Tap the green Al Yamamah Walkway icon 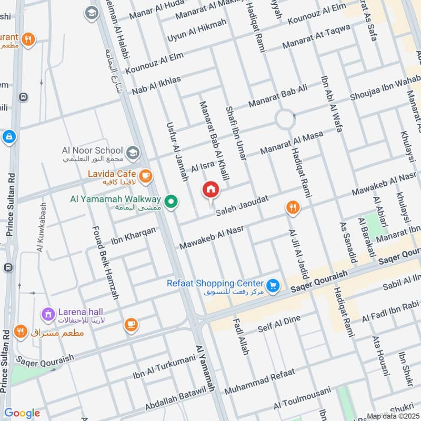tap(171, 201)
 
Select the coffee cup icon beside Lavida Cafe tap(145, 175)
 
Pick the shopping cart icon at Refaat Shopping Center tap(272, 285)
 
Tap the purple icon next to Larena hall tap(48, 315)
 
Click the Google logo tap(22, 413)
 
